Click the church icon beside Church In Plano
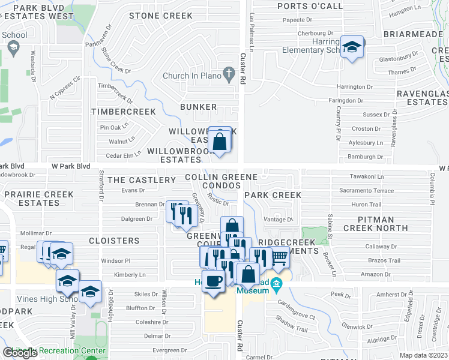click(228, 75)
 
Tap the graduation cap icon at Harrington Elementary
click(351, 47)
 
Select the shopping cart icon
click(279, 257)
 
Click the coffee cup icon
click(213, 280)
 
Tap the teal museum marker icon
click(276, 283)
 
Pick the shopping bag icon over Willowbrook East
click(220, 142)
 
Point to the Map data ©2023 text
click(423, 355)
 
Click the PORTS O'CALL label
click(310, 7)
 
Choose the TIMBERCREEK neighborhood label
click(123, 112)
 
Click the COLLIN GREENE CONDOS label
click(221, 181)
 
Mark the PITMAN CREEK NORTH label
click(376, 224)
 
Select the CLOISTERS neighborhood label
click(114, 240)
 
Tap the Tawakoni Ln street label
click(367, 176)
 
